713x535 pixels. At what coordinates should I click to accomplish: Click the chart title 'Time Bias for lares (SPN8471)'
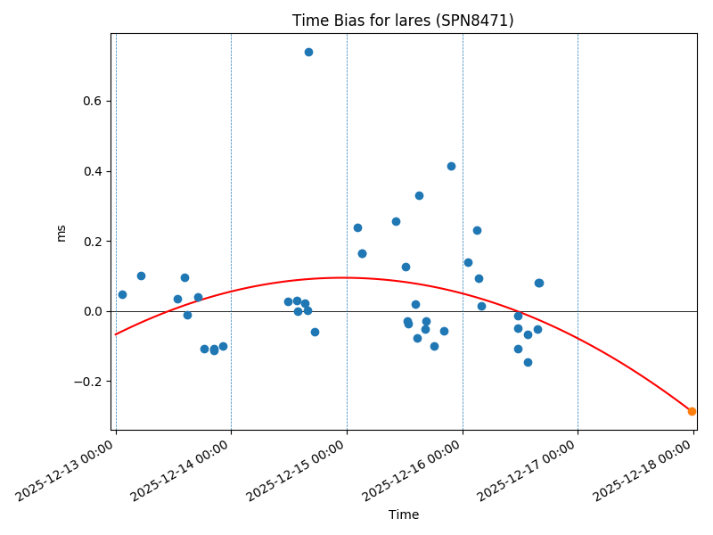(x=403, y=21)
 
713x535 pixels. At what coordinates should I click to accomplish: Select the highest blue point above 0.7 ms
(x=308, y=52)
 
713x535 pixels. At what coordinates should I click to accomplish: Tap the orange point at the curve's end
(x=692, y=411)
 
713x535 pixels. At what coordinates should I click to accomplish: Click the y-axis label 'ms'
(x=61, y=233)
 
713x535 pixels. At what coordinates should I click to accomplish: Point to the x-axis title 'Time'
(x=403, y=514)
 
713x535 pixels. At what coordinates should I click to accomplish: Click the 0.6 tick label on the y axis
(x=90, y=102)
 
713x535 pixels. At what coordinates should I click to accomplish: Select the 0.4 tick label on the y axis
(x=90, y=171)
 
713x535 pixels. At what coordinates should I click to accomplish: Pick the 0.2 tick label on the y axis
(x=90, y=242)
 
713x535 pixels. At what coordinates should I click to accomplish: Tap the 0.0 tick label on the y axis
(x=90, y=311)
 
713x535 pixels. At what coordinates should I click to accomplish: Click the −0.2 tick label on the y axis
(x=86, y=382)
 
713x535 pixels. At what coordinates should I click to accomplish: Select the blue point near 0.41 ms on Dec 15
(x=451, y=166)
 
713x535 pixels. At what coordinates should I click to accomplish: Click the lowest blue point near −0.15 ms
(x=528, y=362)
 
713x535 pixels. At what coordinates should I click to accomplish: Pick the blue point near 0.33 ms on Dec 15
(x=419, y=195)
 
